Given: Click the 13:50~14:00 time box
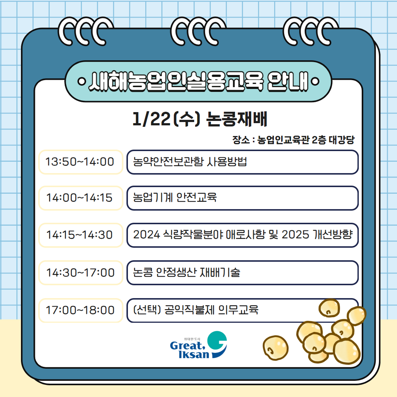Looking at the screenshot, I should coord(80,162).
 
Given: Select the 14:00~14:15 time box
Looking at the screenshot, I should coord(80,198).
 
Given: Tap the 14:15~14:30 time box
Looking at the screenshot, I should coord(80,235).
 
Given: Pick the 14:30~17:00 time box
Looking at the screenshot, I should coord(80,273).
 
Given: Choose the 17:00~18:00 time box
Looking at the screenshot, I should coord(80,310).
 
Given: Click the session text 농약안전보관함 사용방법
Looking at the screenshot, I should coord(190,162).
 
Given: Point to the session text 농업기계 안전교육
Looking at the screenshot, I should coord(175,198).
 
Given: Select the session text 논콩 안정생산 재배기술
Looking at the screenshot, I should coord(187,273).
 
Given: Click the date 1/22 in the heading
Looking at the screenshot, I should coord(151,120).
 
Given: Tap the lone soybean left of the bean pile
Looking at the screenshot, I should coord(275,348).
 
